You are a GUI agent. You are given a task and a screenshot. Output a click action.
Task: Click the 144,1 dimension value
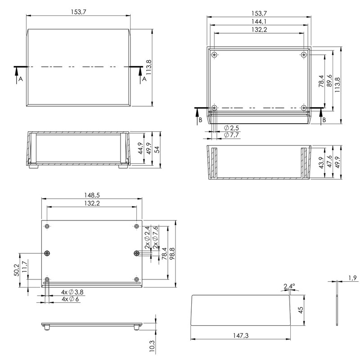click(x=259, y=22)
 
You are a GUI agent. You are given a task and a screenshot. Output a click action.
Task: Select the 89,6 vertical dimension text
click(x=329, y=81)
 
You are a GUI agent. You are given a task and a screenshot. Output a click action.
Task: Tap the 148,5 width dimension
click(x=92, y=195)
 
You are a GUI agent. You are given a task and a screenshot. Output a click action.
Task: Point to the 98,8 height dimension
click(x=172, y=253)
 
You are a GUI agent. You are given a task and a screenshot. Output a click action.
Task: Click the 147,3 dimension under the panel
click(x=241, y=336)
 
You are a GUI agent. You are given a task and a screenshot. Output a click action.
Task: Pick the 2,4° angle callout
click(x=289, y=286)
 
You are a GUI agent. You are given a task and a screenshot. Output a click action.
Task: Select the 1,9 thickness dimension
click(x=353, y=278)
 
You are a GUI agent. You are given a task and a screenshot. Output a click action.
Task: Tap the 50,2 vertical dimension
click(x=17, y=270)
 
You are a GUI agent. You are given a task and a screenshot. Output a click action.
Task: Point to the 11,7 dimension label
click(x=25, y=266)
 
